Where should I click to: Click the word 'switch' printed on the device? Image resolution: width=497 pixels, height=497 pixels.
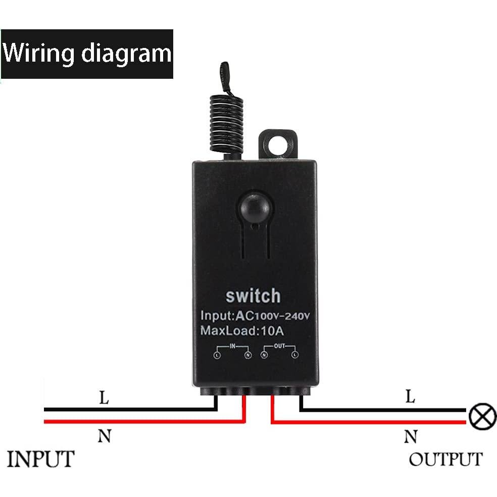click(x=253, y=295)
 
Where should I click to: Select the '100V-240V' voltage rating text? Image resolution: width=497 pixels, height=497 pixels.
click(x=283, y=317)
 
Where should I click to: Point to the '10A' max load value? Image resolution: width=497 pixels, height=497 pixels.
click(x=273, y=332)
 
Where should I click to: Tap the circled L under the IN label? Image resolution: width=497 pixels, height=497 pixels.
click(x=217, y=356)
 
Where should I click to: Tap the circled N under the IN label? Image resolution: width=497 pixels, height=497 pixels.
click(x=247, y=356)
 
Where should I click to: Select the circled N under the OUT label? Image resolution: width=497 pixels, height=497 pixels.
click(x=264, y=356)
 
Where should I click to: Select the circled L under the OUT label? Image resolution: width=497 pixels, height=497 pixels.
click(x=294, y=356)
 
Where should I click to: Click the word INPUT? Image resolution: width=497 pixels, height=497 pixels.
click(x=40, y=460)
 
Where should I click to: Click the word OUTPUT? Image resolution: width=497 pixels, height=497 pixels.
click(x=445, y=460)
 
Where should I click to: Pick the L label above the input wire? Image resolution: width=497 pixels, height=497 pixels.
click(x=104, y=399)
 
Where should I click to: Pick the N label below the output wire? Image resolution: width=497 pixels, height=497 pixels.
click(x=411, y=436)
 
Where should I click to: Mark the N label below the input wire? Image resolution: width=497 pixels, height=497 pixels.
click(x=104, y=436)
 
